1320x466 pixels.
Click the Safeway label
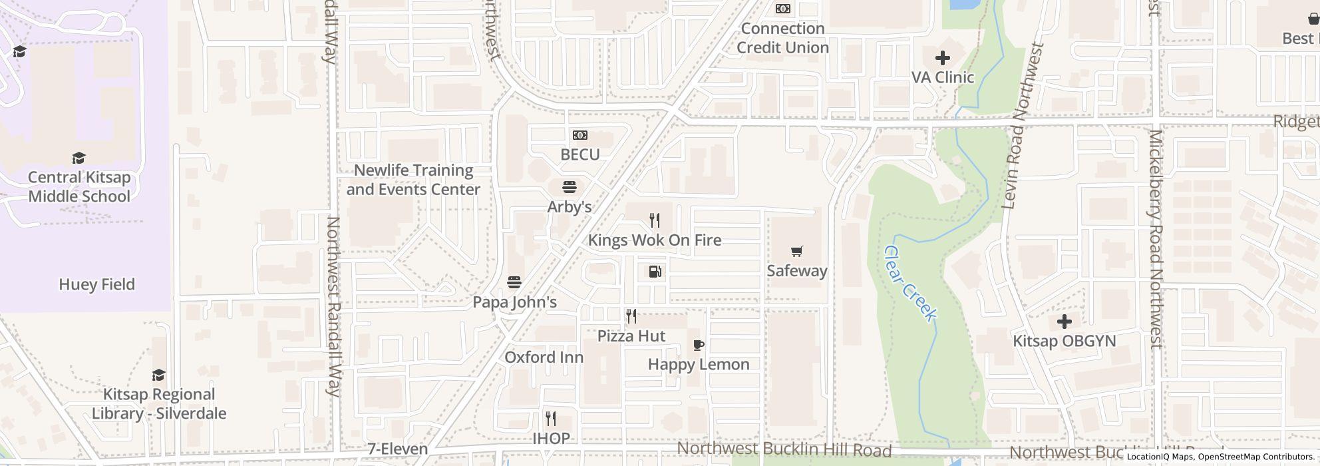[796, 270]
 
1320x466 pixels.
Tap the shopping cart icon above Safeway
[796, 251]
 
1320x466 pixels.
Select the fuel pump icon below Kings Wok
[655, 272]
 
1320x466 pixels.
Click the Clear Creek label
[910, 284]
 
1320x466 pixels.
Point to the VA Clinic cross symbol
[942, 58]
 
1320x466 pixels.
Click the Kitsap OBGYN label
[1064, 341]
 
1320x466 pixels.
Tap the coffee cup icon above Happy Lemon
[698, 345]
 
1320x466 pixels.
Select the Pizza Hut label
[631, 336]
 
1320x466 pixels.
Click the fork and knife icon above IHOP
[551, 419]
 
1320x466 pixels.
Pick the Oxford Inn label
[544, 357]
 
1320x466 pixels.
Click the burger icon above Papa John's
[514, 282]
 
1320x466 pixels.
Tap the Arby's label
[569, 206]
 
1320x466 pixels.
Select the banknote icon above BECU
[579, 135]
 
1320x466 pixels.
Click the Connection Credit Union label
[782, 38]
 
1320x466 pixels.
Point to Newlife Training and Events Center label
[413, 180]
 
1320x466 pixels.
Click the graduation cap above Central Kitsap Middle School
[79, 158]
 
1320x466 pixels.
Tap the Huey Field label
[96, 284]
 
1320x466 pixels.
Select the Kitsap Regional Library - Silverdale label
[158, 403]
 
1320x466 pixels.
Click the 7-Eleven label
[397, 449]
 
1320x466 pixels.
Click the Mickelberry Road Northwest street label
[1156, 240]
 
